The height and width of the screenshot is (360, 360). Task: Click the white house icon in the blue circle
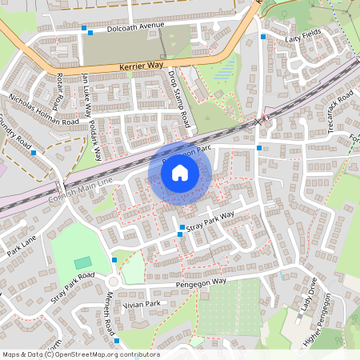click(x=180, y=172)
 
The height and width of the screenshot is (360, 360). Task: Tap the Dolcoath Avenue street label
click(x=129, y=28)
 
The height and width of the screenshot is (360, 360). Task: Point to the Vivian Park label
click(x=142, y=304)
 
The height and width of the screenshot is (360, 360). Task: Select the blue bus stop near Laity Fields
click(x=263, y=37)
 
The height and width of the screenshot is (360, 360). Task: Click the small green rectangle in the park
click(x=83, y=262)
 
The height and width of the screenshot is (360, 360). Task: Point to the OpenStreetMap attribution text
click(x=81, y=354)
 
